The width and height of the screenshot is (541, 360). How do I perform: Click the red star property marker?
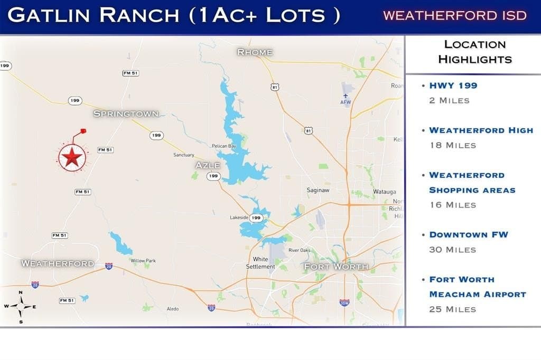[72, 157]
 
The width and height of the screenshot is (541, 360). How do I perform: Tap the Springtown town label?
[126, 113]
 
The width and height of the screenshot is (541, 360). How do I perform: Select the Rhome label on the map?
[255, 52]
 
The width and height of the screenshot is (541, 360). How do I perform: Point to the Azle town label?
[208, 165]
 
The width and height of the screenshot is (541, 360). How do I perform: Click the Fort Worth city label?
[335, 267]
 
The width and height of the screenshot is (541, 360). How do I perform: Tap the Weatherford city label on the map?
[58, 263]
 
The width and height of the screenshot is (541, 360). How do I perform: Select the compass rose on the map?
[21, 306]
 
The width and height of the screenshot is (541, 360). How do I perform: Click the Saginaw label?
[319, 190]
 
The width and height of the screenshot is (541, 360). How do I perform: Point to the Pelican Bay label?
[223, 146]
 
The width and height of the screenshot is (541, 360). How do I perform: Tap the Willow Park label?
[143, 261]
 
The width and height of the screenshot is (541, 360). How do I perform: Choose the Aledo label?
[173, 309]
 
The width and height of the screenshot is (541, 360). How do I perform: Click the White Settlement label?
[260, 263]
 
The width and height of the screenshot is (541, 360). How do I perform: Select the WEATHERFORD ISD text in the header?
[455, 15]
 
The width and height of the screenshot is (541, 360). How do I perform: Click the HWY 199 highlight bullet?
[453, 86]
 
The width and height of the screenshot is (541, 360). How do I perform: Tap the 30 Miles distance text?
[453, 249]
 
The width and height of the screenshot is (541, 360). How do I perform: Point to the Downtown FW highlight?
[468, 234]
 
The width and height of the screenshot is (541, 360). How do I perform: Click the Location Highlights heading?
[474, 52]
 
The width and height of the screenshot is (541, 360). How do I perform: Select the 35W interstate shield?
[344, 302]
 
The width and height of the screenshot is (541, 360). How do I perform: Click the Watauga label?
[384, 192]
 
